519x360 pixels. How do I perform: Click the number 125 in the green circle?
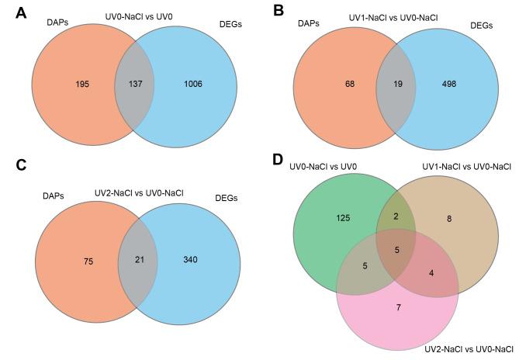(x=344, y=220)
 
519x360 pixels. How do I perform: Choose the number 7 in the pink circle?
(x=397, y=308)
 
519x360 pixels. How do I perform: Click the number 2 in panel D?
(x=396, y=216)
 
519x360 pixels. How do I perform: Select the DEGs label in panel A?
(x=231, y=26)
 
